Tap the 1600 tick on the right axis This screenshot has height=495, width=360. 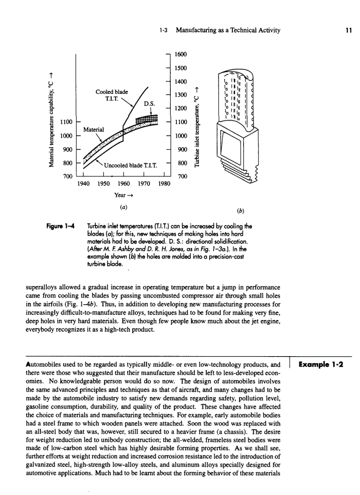181,54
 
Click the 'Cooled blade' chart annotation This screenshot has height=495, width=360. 112,92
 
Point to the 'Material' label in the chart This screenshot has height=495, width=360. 94,129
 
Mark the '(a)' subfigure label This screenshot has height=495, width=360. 124,206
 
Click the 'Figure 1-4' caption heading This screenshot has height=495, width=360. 60,226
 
